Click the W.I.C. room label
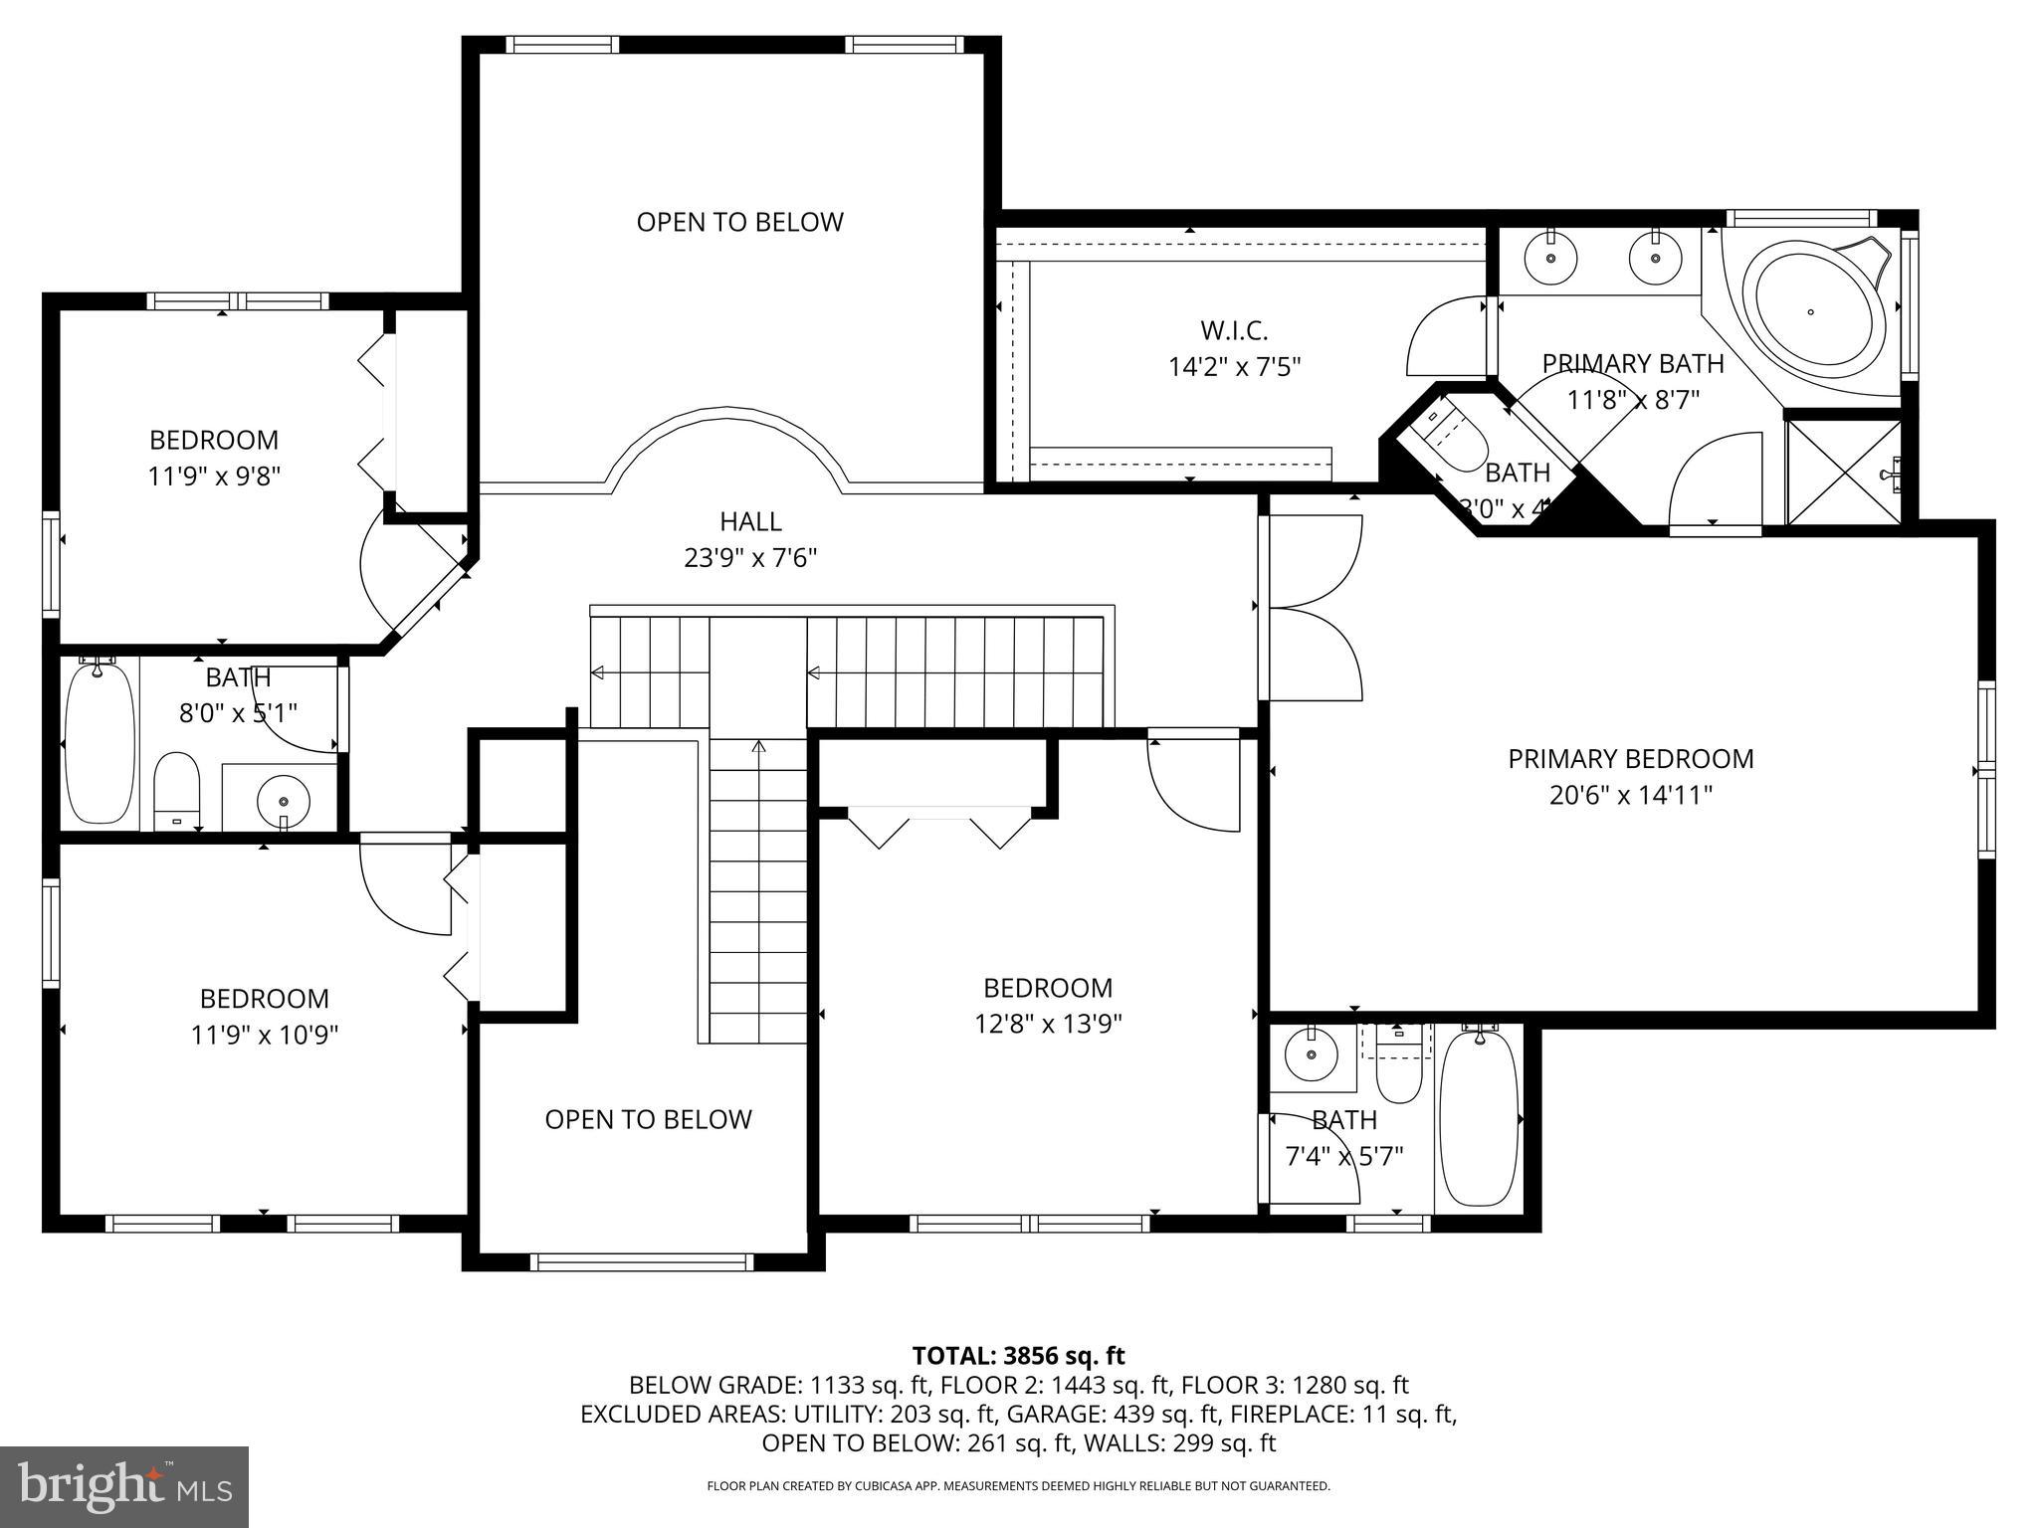(x=1234, y=330)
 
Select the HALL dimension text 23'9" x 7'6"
(x=750, y=558)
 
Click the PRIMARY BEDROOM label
(x=1630, y=759)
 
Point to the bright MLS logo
(x=124, y=1487)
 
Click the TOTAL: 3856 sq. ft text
(x=1018, y=1356)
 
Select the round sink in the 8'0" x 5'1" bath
(x=284, y=800)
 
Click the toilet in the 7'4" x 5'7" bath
(x=1403, y=1072)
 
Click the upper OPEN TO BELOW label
(x=739, y=222)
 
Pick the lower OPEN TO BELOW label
(x=648, y=1119)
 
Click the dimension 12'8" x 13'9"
(x=1048, y=1025)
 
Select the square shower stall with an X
(x=1843, y=473)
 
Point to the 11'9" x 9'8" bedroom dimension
(x=214, y=477)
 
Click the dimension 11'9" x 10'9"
(x=265, y=1036)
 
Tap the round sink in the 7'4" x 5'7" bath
(x=1312, y=1055)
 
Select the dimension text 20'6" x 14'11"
(x=1630, y=796)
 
